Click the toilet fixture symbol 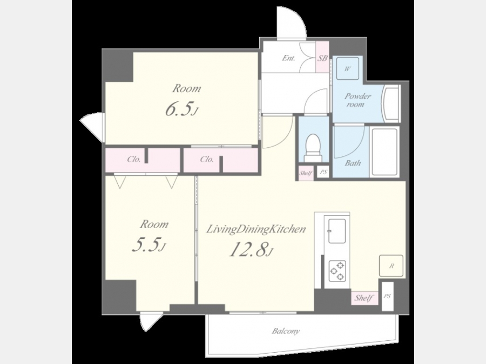tap(313, 148)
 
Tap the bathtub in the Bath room tap(384, 152)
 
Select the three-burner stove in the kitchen tap(337, 271)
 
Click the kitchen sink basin tap(337, 231)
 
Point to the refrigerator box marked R tap(391, 265)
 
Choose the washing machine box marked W tap(347, 68)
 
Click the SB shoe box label tap(322, 58)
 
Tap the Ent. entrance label tap(288, 58)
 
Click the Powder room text tap(357, 100)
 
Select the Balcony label tap(286, 331)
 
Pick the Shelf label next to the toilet tap(306, 173)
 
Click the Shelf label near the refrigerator tap(364, 298)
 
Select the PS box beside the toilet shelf tap(323, 173)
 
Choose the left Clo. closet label tap(134, 160)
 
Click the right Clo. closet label tap(207, 160)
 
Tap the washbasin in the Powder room tap(390, 104)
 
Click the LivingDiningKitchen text tap(256, 230)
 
